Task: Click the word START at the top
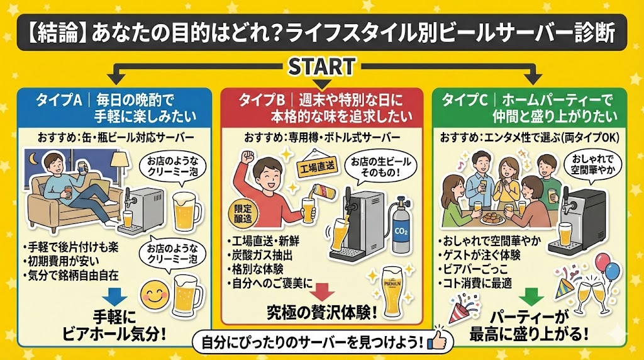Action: (x=321, y=65)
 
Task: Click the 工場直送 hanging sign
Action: (x=316, y=168)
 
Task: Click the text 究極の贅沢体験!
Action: (x=324, y=312)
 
